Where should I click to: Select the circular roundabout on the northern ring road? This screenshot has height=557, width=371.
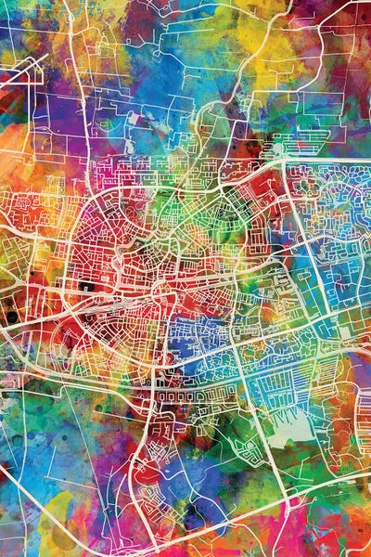click(x=277, y=149)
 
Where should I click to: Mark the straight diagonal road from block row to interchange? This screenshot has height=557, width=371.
click(x=255, y=436)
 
